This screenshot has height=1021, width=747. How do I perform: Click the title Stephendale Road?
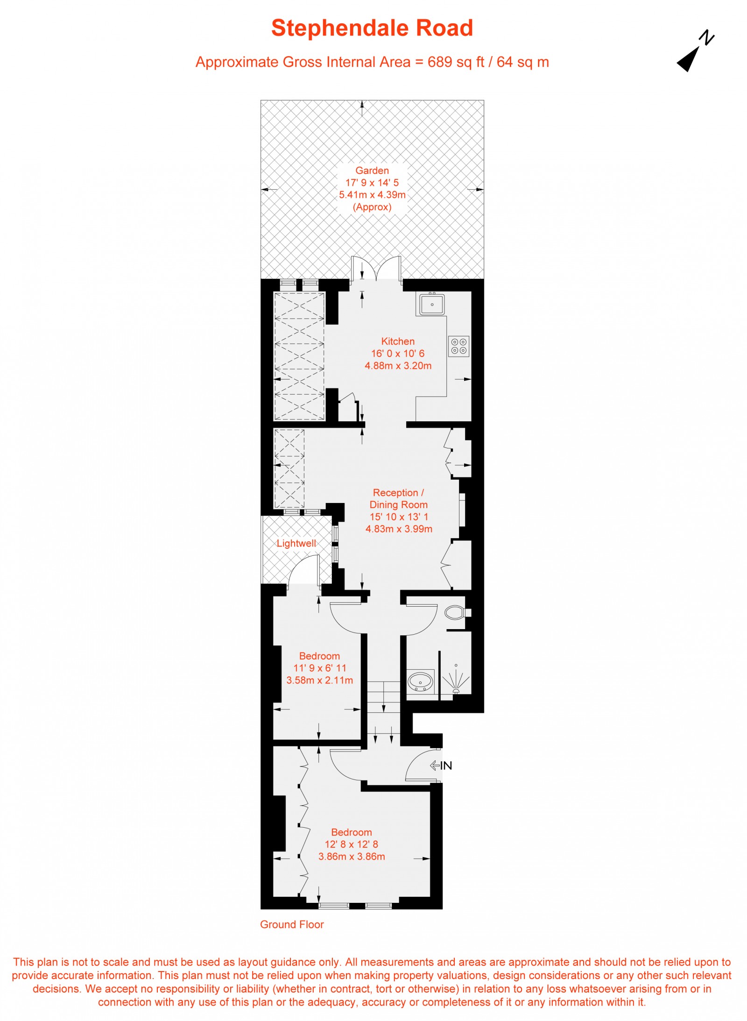372,28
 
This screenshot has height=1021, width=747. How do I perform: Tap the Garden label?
372,170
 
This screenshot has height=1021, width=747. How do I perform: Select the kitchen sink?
432,304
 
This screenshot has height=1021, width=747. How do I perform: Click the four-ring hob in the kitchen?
458,346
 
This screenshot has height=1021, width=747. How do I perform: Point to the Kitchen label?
398,341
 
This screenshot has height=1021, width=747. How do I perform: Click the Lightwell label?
296,543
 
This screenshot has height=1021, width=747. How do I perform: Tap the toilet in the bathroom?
454,612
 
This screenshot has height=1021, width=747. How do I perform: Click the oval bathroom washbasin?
420,681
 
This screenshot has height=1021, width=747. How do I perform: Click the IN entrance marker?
441,766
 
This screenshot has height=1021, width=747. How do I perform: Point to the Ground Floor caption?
292,924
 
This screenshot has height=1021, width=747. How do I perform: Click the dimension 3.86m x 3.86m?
352,857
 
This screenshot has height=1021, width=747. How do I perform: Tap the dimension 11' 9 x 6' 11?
320,668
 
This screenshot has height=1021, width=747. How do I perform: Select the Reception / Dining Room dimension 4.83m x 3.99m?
399,529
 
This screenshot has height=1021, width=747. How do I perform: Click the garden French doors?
376,270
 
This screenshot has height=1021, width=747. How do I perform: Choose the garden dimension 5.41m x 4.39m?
372,195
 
